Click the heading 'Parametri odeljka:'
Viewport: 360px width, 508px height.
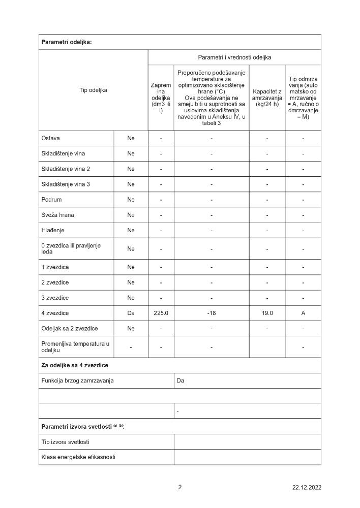click(x=67, y=42)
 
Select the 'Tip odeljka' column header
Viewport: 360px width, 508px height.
click(x=93, y=90)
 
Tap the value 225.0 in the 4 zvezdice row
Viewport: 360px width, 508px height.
click(x=161, y=313)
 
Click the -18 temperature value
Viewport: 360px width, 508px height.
click(x=212, y=313)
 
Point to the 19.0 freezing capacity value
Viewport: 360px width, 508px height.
click(x=267, y=313)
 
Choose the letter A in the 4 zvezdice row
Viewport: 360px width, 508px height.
click(x=303, y=313)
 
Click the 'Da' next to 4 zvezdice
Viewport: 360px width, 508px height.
click(x=131, y=313)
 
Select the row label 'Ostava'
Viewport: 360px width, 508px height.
click(x=51, y=138)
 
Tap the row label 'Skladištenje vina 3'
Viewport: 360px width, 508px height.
click(x=66, y=184)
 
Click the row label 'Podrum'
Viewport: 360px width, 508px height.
click(x=51, y=200)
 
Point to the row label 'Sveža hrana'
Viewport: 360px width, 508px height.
click(x=57, y=215)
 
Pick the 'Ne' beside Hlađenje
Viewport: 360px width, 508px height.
click(x=131, y=230)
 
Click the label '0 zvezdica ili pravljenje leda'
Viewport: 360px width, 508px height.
click(x=71, y=248)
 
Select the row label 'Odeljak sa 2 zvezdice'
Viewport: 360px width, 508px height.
click(x=69, y=329)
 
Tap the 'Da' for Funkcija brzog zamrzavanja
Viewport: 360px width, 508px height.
click(x=181, y=380)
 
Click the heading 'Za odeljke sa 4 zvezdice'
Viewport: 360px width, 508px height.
click(x=74, y=365)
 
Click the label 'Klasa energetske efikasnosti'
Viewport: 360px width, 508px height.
click(x=78, y=457)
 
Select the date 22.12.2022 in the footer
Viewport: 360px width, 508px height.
click(x=307, y=488)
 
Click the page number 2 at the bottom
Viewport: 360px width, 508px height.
click(x=179, y=487)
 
